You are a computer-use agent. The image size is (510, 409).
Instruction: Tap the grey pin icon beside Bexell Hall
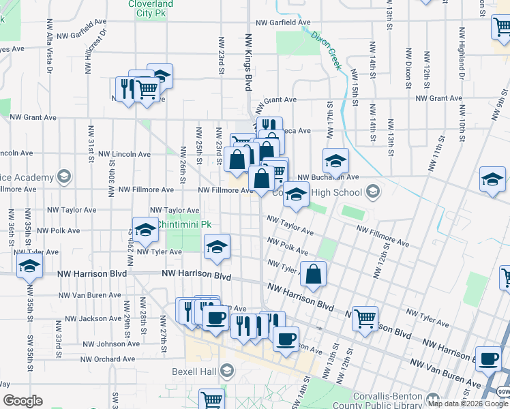pos(226,372)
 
